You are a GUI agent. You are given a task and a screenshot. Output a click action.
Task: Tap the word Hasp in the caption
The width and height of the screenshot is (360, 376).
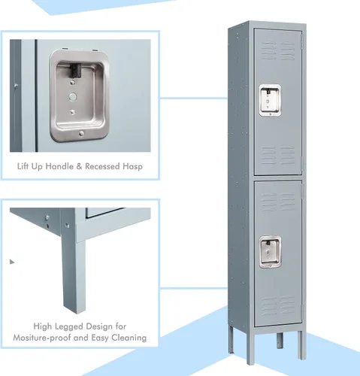click(132, 167)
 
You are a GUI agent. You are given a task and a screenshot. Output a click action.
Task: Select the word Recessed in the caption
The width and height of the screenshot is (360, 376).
click(102, 166)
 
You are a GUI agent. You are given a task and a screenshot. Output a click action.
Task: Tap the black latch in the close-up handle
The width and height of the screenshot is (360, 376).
click(76, 70)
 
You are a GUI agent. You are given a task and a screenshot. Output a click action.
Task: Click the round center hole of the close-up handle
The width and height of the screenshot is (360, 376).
click(73, 96)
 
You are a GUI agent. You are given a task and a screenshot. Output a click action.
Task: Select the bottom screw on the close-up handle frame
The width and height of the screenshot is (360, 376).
click(81, 133)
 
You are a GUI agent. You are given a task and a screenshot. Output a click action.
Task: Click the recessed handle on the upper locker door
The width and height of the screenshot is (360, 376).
click(270, 100)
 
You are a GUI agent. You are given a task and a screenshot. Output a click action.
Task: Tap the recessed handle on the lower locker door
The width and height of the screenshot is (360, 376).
click(270, 252)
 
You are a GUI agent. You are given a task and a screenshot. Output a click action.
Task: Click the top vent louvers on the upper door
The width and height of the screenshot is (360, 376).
click(278, 51)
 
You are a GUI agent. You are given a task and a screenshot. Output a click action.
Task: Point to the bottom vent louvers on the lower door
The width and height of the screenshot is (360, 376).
click(278, 305)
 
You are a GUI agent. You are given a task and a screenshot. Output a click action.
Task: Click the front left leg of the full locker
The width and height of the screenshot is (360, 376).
click(250, 347)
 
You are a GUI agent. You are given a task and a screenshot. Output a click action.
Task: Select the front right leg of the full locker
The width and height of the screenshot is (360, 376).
click(301, 345)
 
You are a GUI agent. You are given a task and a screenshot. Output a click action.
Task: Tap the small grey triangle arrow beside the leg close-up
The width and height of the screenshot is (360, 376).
click(12, 262)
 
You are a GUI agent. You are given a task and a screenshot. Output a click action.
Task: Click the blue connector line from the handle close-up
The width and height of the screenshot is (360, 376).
click(194, 98)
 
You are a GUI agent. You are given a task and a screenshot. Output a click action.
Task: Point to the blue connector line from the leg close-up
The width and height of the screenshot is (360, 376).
click(194, 288)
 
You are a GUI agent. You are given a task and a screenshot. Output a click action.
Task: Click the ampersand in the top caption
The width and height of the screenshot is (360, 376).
click(80, 166)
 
